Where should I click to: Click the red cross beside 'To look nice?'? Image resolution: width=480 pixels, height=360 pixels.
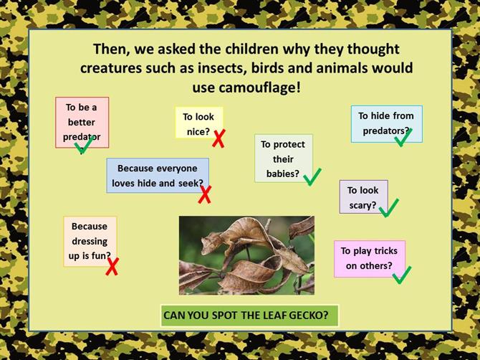click(219, 138)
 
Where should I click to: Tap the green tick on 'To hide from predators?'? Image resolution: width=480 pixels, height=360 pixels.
click(403, 138)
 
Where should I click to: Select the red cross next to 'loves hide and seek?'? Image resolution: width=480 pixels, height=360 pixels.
click(204, 194)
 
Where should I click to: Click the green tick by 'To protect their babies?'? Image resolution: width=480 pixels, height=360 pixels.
click(312, 177)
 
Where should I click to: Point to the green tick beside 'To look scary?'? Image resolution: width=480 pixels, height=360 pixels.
click(389, 208)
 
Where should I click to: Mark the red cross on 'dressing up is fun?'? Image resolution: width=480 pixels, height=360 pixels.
click(112, 266)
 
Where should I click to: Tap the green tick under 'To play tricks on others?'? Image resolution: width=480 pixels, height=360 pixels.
click(402, 275)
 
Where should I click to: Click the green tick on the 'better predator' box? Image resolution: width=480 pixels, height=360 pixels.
click(83, 145)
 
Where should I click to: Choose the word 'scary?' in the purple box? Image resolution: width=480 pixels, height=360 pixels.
click(363, 205)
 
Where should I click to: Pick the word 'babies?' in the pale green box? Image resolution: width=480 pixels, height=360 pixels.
click(283, 174)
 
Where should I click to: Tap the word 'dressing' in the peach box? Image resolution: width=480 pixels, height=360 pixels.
click(90, 241)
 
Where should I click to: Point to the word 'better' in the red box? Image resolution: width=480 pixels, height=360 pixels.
click(82, 122)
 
